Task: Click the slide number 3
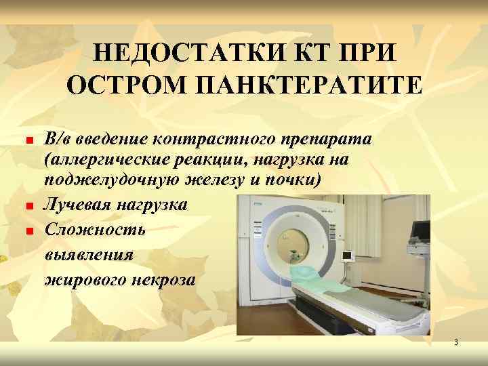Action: [456, 343]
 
